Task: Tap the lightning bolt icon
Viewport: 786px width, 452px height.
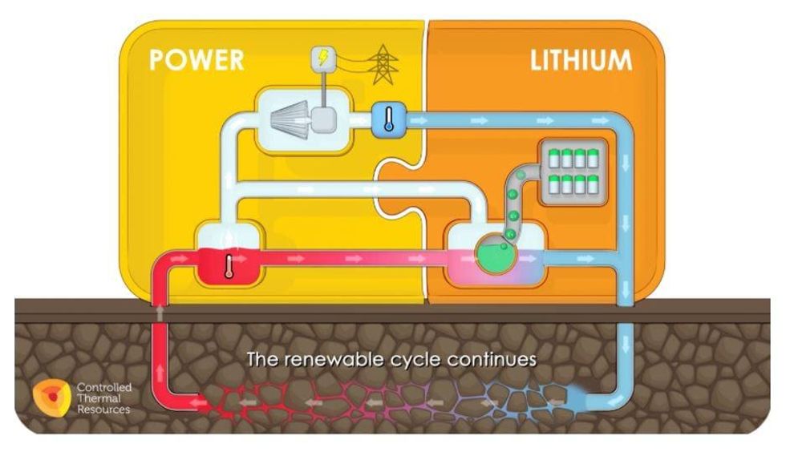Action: click(324, 59)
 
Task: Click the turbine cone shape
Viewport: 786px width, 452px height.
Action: click(290, 120)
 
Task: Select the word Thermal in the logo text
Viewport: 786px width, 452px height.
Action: click(95, 398)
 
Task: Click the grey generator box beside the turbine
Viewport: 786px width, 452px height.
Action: click(325, 120)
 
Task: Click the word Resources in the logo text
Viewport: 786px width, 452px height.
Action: click(103, 410)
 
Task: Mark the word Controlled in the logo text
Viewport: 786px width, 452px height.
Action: click(103, 388)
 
